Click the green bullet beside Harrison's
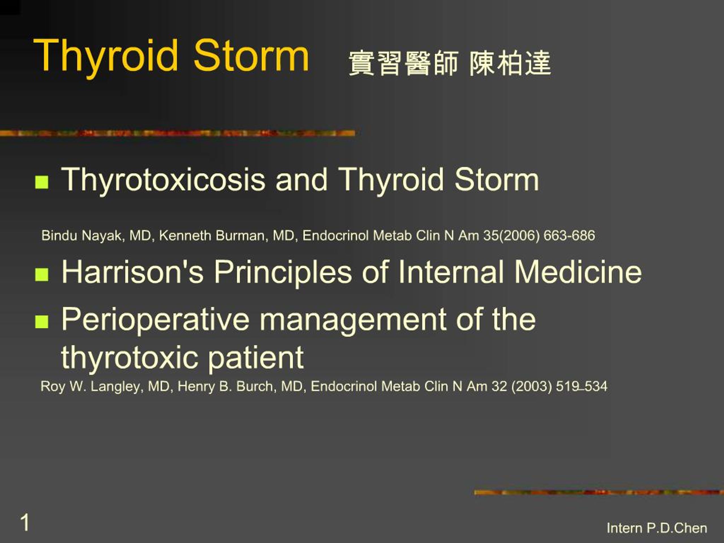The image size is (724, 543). click(42, 275)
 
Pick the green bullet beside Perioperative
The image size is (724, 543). click(42, 322)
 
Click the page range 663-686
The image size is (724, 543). click(569, 236)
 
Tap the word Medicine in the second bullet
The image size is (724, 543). click(578, 272)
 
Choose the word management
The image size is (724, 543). click(352, 320)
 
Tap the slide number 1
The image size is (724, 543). click(25, 523)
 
